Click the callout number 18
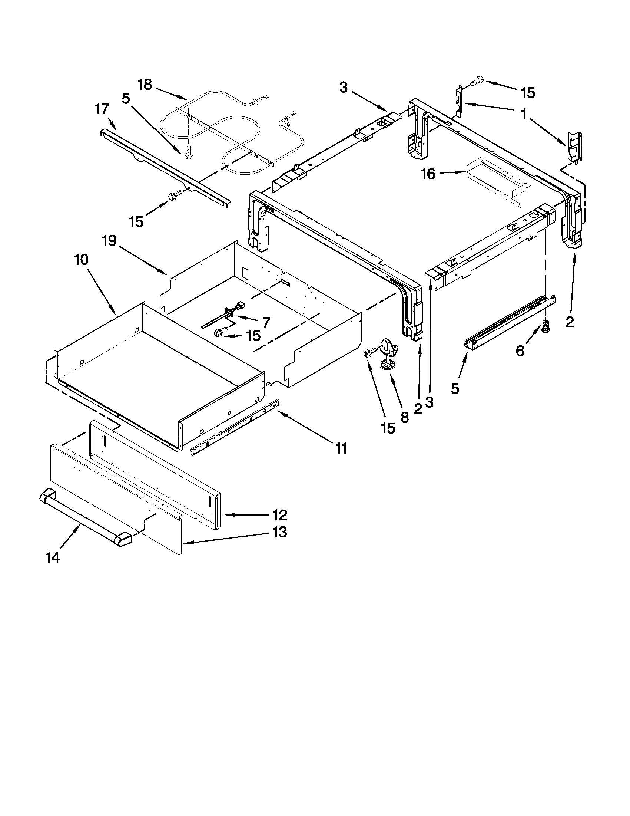pyautogui.click(x=145, y=85)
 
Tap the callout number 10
pyautogui.click(x=82, y=259)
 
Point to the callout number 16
pyautogui.click(x=428, y=174)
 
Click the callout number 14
pyautogui.click(x=53, y=557)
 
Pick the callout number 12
pyautogui.click(x=280, y=515)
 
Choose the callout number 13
pyautogui.click(x=280, y=532)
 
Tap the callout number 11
pyautogui.click(x=341, y=448)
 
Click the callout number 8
pyautogui.click(x=404, y=417)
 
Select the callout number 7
pyautogui.click(x=266, y=322)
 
